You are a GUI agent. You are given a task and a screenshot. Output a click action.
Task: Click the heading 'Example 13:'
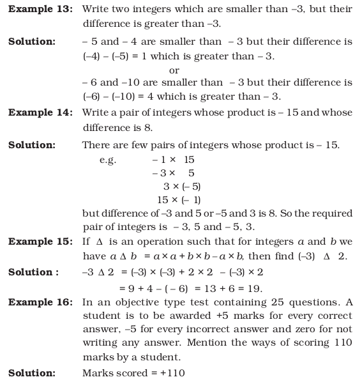coord(40,9)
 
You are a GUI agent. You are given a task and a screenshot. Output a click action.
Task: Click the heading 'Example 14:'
coord(40,112)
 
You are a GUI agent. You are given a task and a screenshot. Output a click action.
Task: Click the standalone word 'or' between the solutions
coord(174,70)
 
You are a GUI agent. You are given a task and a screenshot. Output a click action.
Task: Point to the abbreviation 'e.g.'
coord(107,160)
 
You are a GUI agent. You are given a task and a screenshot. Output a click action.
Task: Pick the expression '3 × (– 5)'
coord(182,186)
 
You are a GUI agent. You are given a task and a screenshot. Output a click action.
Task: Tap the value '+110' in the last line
coord(172,372)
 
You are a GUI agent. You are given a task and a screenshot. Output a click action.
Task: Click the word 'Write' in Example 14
coord(96,112)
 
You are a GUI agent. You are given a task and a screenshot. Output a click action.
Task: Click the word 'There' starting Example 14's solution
coord(96,146)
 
